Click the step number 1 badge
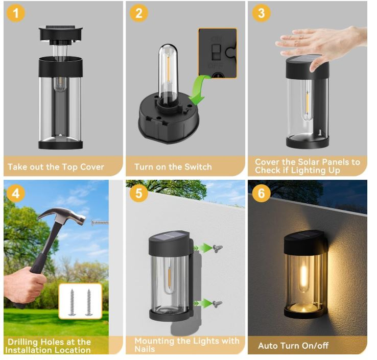[16, 13]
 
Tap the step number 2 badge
[139, 13]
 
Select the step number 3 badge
[262, 13]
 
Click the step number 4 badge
[16, 193]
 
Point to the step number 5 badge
[139, 193]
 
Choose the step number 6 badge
[262, 193]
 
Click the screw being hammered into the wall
[100, 223]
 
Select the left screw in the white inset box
[72, 302]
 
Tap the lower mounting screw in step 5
[217, 304]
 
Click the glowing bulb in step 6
[304, 276]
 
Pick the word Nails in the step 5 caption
[145, 349]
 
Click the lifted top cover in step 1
[61, 35]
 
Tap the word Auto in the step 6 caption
[268, 346]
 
